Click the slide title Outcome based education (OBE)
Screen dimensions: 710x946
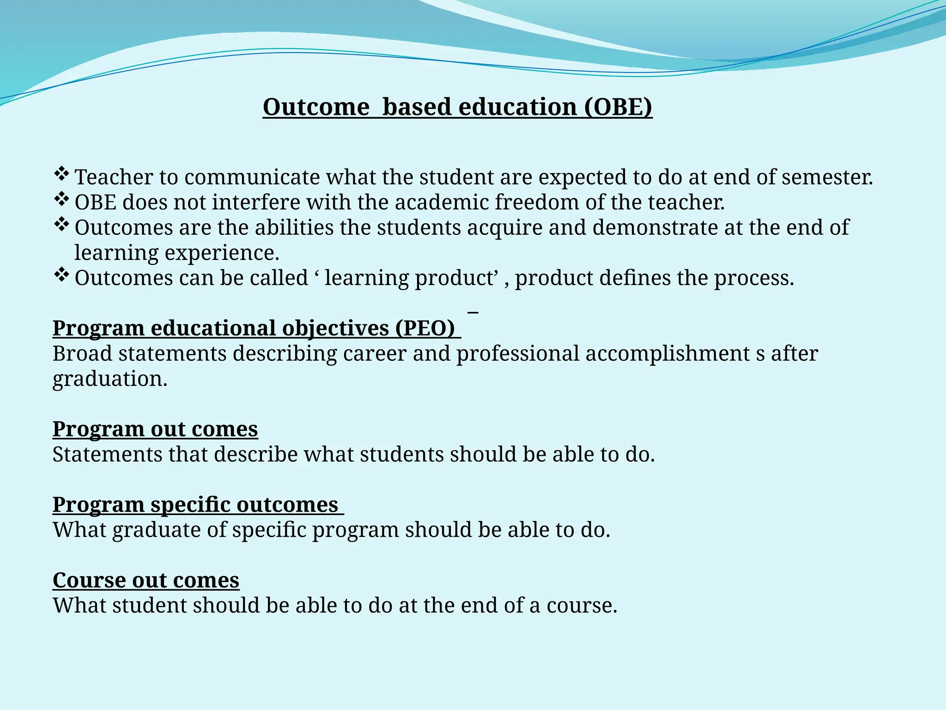(457, 107)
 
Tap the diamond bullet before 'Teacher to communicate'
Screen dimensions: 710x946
(61, 174)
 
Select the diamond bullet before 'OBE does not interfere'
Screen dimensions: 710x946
(61, 200)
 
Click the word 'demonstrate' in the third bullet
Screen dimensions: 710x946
(655, 228)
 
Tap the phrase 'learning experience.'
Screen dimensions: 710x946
(177, 253)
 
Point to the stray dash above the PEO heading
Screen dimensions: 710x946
(473, 313)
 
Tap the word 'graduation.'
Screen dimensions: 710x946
(110, 379)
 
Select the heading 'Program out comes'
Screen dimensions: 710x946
(155, 429)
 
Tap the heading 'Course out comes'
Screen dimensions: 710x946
(146, 581)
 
